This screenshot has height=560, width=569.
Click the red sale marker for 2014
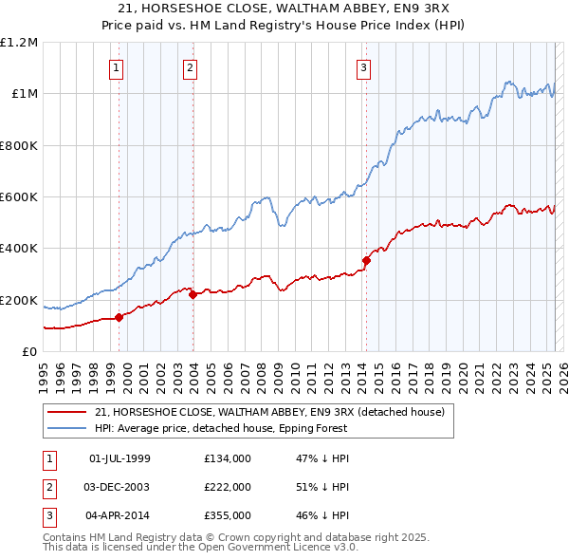coord(366,259)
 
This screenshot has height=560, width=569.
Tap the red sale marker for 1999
coord(119,317)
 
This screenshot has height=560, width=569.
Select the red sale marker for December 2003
coord(193,294)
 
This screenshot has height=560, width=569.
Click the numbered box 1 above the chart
coord(117,67)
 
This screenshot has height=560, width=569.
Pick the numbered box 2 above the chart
coord(191,67)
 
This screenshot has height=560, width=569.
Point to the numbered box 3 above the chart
coord(363,67)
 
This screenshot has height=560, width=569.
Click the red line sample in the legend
coord(66,412)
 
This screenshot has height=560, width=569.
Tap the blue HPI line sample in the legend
coord(66,428)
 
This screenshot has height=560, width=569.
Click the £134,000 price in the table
coord(228,459)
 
